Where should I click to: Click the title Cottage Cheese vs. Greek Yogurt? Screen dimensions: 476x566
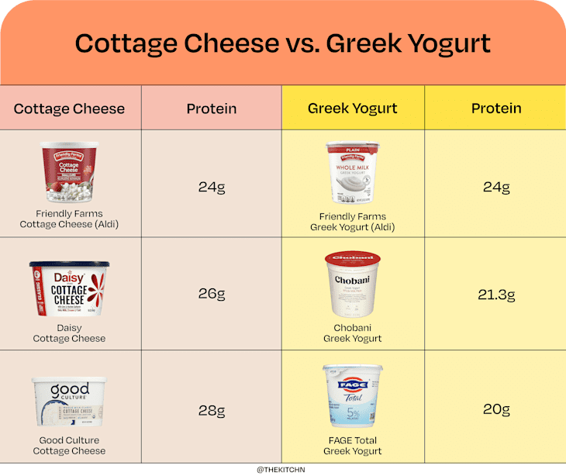pos(282,43)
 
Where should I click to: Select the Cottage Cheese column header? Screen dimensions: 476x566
pos(69,109)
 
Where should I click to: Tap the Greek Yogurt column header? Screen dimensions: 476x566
pos(353,109)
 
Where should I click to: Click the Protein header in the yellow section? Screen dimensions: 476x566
pos(496,109)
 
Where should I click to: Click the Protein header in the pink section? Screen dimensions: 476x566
pos(212,109)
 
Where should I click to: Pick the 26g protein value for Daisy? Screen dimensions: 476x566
pos(212,295)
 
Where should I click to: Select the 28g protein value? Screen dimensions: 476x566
pos(212,411)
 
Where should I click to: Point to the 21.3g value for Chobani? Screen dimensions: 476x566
pos(496,295)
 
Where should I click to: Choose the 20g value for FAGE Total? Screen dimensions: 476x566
pos(496,409)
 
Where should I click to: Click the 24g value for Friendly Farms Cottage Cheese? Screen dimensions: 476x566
pos(212,187)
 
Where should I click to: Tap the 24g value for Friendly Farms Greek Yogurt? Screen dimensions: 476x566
pos(496,187)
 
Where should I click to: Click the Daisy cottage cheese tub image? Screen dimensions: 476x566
pos(69,288)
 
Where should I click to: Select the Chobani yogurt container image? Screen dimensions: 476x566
pos(353,285)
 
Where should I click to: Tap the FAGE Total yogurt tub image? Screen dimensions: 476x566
pos(353,396)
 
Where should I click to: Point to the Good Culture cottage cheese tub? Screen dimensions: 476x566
pos(69,402)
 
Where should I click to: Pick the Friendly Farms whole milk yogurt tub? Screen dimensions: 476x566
pos(353,174)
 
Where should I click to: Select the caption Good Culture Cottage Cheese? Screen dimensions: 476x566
pos(69,446)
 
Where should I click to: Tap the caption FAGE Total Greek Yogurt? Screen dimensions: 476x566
pos(353,446)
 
